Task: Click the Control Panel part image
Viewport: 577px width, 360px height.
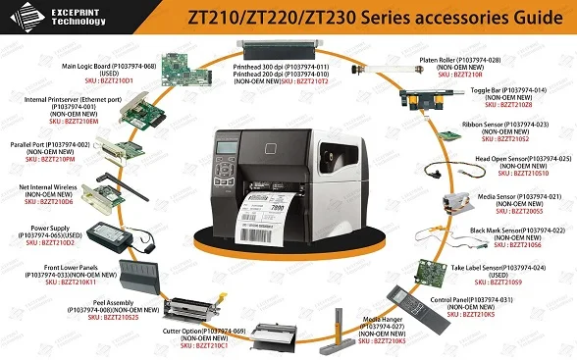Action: click(411, 293)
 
